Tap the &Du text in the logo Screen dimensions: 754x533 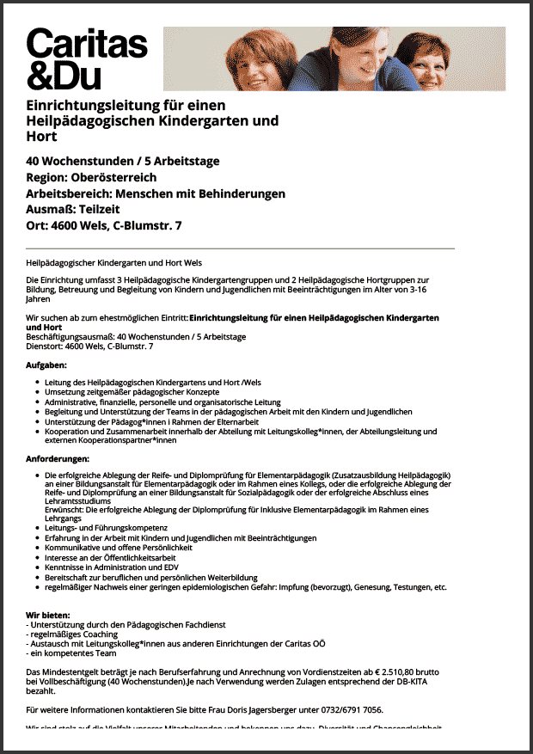[64, 75]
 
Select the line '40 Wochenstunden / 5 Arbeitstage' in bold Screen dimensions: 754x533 [123, 162]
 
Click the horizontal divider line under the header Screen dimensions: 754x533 [241, 248]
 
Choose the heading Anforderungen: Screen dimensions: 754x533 [58, 457]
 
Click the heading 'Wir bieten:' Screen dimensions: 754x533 [48, 616]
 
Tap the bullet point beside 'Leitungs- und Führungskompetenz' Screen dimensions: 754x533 [35, 528]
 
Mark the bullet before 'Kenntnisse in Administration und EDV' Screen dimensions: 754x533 [35, 567]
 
